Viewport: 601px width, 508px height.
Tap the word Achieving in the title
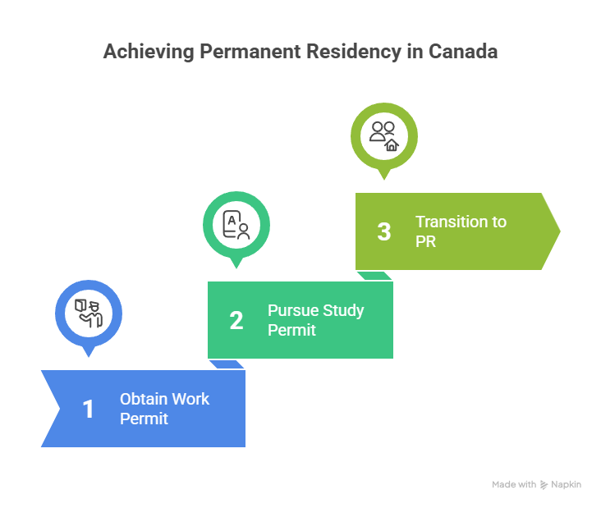(x=145, y=52)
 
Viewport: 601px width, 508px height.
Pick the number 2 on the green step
(x=236, y=320)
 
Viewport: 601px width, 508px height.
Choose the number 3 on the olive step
(x=384, y=231)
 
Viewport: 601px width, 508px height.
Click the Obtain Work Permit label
(x=164, y=409)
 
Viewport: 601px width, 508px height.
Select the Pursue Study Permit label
(x=315, y=320)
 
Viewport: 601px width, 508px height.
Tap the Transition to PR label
(x=460, y=231)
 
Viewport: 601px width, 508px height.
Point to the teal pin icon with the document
(x=236, y=224)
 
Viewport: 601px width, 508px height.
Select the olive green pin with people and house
(x=384, y=135)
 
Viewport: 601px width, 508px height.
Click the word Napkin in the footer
(x=567, y=484)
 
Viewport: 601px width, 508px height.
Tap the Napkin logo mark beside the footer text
(x=544, y=484)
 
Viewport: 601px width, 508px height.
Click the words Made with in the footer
(x=514, y=484)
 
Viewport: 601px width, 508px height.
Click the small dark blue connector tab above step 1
(x=227, y=364)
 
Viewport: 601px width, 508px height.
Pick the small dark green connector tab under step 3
(x=374, y=276)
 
